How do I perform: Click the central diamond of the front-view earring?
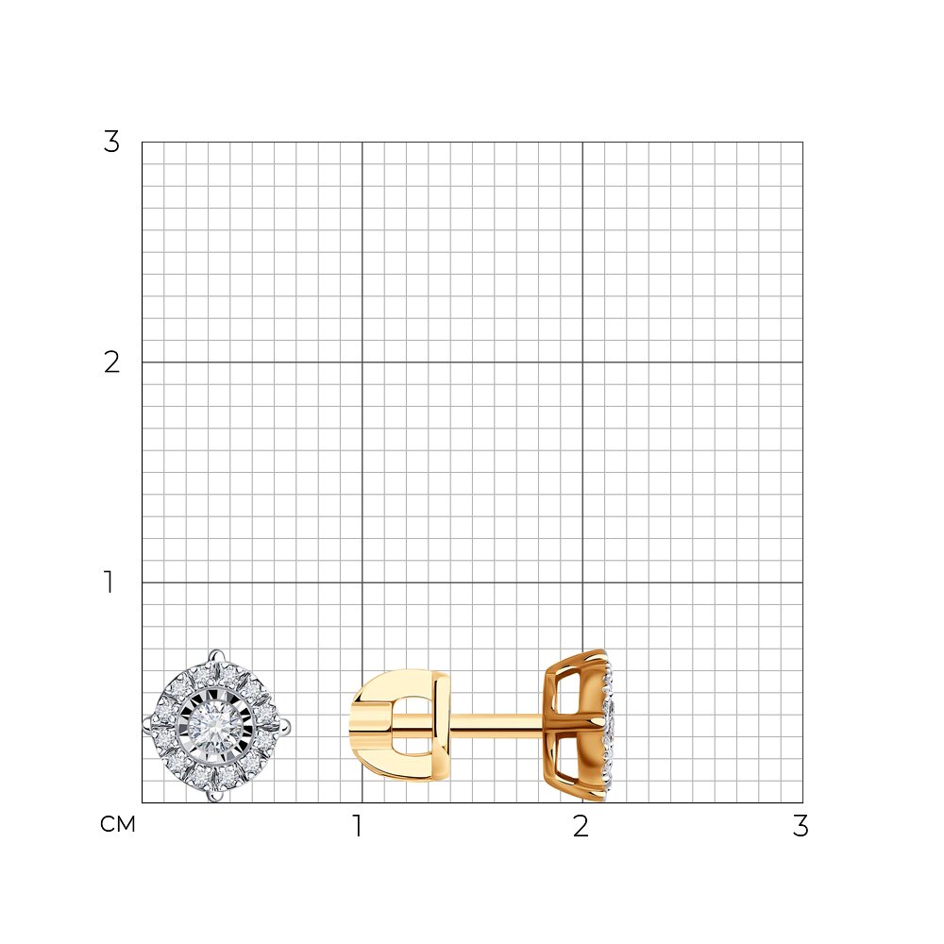[216, 726]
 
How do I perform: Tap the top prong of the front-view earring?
[217, 655]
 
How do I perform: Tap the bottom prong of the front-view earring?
[215, 796]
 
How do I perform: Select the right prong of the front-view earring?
[285, 726]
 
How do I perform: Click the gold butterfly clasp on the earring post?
[399, 725]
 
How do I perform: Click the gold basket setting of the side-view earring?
[573, 725]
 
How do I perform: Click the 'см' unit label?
[117, 824]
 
